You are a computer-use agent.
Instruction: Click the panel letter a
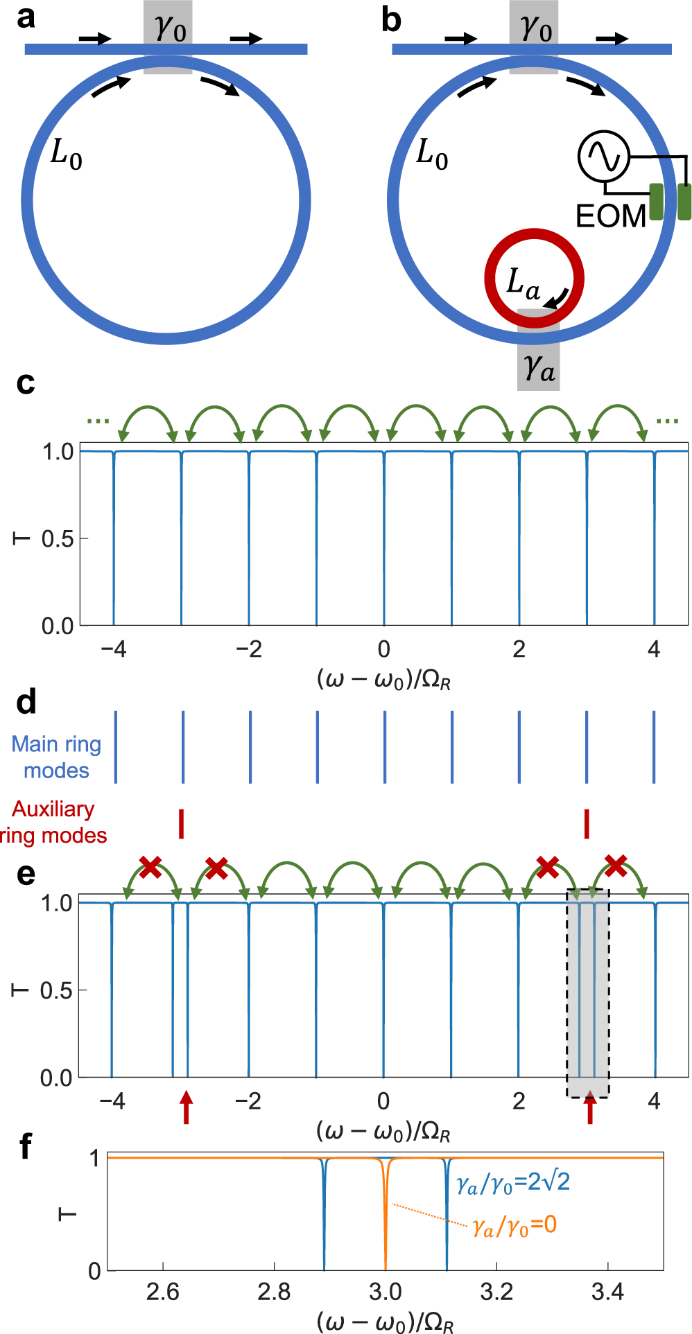[26, 17]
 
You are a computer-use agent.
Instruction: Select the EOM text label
[611, 216]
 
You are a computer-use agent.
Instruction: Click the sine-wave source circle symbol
[603, 157]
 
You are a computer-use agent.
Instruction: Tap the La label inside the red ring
[523, 283]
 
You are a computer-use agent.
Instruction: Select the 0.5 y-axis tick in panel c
[58, 538]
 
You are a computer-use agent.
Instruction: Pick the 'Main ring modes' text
[57, 757]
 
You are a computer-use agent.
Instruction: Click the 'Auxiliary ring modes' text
[53, 822]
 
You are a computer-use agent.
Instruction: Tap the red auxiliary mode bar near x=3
[587, 823]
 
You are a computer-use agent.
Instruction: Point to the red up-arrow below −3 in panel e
[185, 1107]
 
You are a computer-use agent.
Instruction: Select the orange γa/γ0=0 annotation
[514, 1226]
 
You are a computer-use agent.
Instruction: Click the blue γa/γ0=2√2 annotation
[513, 1182]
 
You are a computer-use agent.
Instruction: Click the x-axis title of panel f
[385, 1322]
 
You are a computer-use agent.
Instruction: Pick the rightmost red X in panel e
[615, 865]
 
